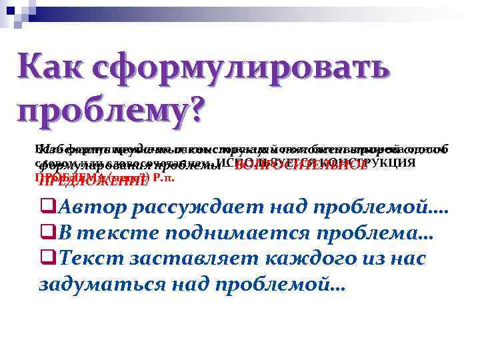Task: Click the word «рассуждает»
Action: click(197, 209)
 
